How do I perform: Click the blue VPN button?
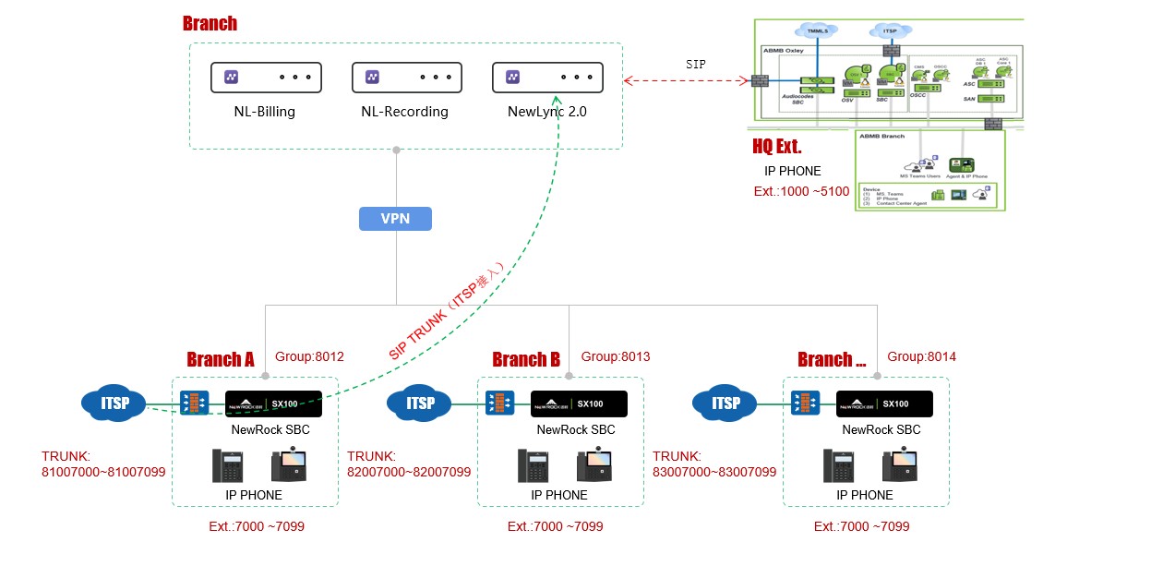coord(395,219)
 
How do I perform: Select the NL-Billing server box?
coord(266,78)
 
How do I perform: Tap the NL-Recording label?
coord(404,112)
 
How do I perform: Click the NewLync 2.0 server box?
coord(547,78)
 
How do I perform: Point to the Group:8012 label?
coord(309,356)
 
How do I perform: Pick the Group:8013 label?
coord(615,356)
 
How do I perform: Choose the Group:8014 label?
coord(921,356)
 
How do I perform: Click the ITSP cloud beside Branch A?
coord(114,403)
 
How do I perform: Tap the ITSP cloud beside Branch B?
coord(420,403)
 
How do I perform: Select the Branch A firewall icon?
coord(195,403)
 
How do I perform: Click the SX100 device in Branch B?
coord(579,403)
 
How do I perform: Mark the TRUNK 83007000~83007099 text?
coord(714,464)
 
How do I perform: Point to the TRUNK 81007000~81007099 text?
coord(103,464)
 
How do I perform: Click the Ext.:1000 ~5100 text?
coord(802,192)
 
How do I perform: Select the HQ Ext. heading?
coord(777,147)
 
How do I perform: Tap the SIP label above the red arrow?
coord(696,65)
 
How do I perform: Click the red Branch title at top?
coord(210,24)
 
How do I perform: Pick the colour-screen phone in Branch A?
coord(288,465)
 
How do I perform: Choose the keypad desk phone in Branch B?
coord(533,465)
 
